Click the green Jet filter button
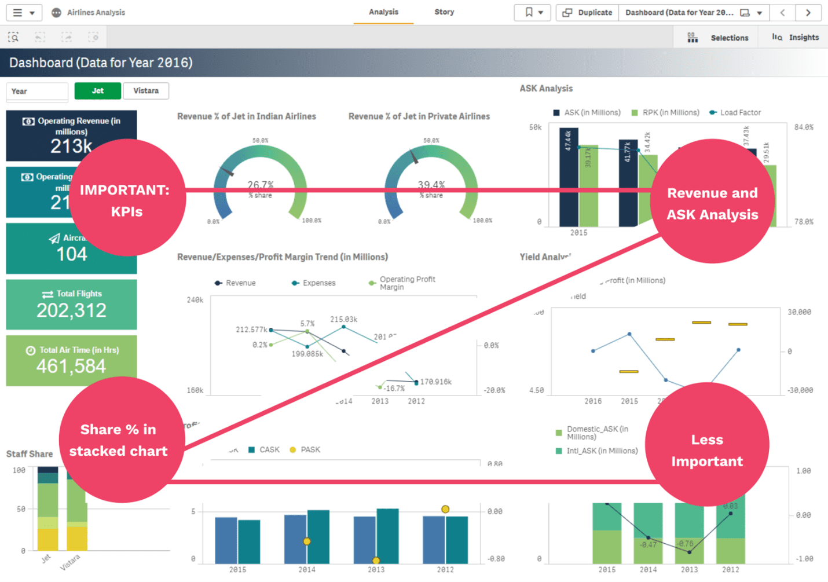pyautogui.click(x=97, y=91)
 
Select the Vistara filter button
pyautogui.click(x=146, y=91)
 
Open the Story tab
pyautogui.click(x=444, y=12)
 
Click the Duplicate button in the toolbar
pyautogui.click(x=588, y=13)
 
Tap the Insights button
pyautogui.click(x=796, y=38)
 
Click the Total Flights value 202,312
pyautogui.click(x=72, y=311)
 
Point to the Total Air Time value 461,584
pyautogui.click(x=71, y=367)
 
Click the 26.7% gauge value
pyautogui.click(x=261, y=185)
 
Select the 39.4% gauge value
pyautogui.click(x=431, y=185)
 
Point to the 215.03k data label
pyautogui.click(x=343, y=320)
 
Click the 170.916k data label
pyautogui.click(x=436, y=382)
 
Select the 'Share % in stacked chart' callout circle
pyautogui.click(x=122, y=440)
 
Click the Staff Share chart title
pyautogui.click(x=30, y=454)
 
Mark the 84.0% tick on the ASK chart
pyautogui.click(x=804, y=127)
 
